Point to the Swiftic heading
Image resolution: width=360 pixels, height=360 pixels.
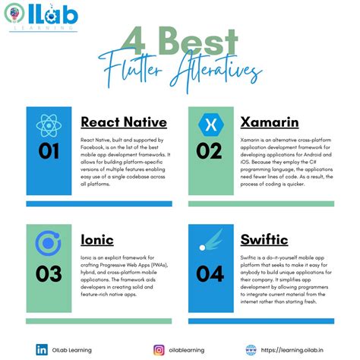pos(264,240)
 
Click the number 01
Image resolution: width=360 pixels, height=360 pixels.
pos(49,151)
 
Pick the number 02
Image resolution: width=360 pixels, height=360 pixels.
pos(209,151)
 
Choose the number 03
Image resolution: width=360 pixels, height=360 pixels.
pos(49,271)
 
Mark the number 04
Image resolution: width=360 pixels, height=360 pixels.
pos(209,271)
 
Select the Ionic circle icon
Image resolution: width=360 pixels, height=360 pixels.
pos(49,243)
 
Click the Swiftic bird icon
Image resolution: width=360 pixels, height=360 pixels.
pos(209,243)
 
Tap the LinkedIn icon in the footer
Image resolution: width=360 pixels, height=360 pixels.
pos(43,350)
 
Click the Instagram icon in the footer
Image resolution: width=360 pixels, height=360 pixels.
pos(159,350)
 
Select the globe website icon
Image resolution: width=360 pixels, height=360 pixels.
pos(251,350)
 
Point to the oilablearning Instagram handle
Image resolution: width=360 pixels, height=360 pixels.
pos(188,350)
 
